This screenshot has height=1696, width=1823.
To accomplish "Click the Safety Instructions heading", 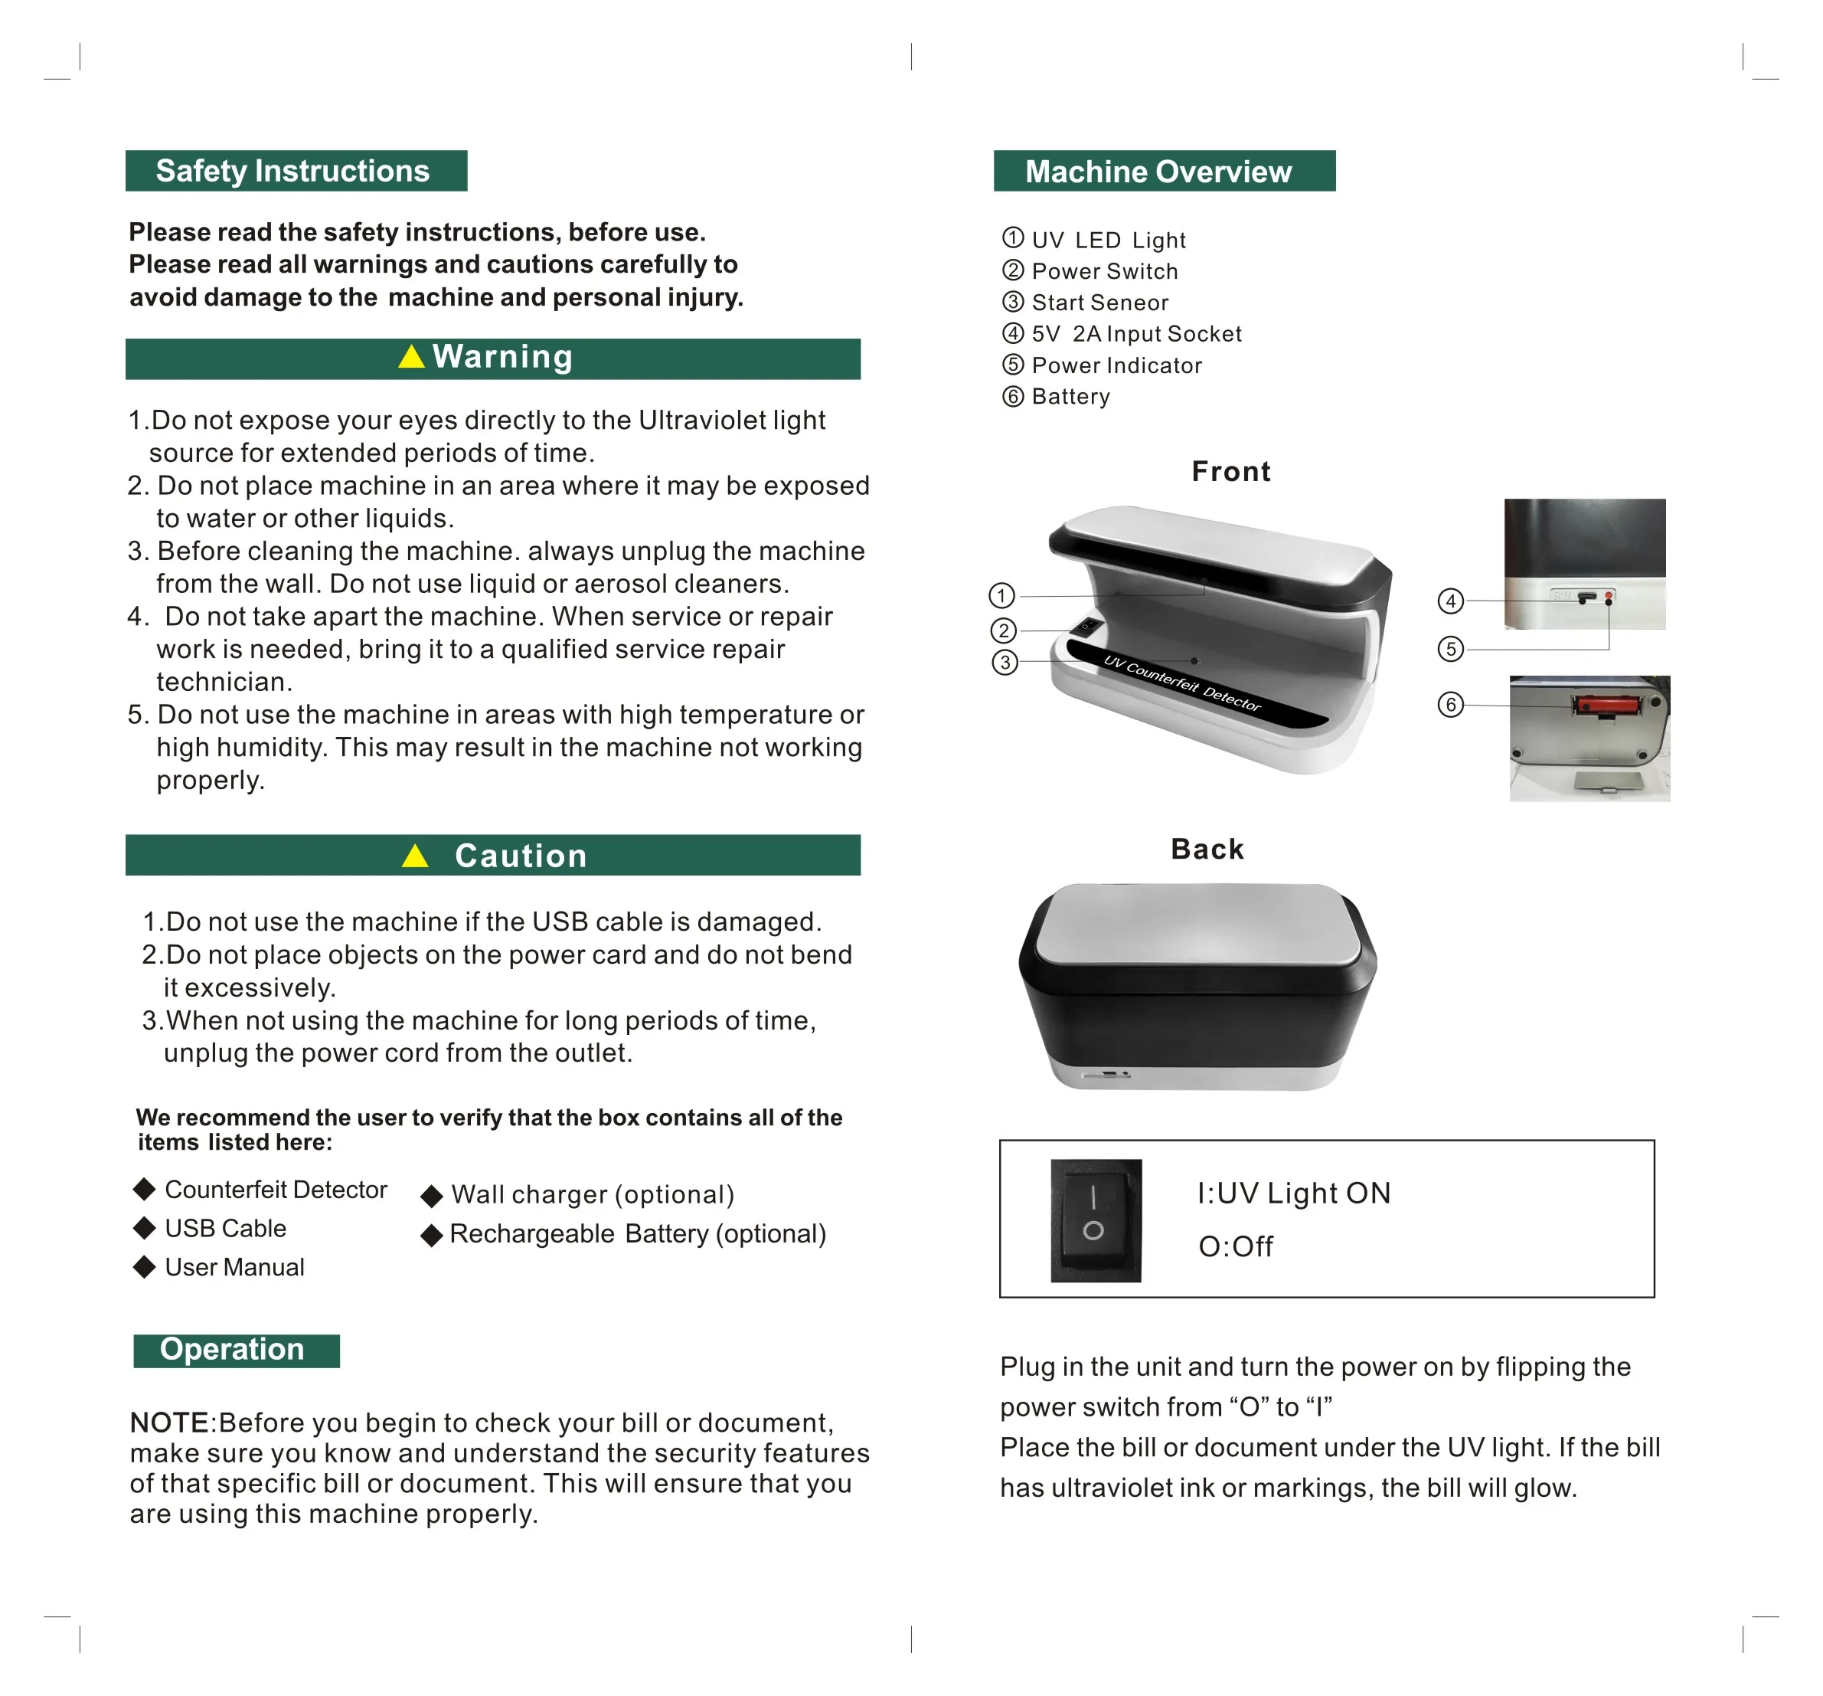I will [x=292, y=172].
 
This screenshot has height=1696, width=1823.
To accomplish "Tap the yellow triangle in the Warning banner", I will [x=412, y=357].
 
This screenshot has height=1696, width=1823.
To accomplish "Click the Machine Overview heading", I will [x=1158, y=172].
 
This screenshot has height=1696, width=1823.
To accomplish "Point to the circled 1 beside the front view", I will [x=1001, y=596].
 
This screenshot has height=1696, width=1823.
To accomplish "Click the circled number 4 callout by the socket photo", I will [x=1450, y=601].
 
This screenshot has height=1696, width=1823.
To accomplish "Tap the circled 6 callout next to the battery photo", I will [x=1450, y=706].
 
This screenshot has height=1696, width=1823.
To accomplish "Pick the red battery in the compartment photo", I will [x=1593, y=706].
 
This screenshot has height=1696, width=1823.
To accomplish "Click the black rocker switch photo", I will [x=1095, y=1220].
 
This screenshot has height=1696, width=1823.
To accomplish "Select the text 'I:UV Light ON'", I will [x=1294, y=1193].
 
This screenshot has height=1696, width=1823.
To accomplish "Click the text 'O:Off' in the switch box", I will [x=1235, y=1246].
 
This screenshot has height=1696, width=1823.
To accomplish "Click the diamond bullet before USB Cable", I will [x=144, y=1228].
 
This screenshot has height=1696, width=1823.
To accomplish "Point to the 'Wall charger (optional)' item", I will [x=593, y=1195].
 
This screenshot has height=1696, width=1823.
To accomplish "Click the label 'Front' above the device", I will [x=1230, y=471].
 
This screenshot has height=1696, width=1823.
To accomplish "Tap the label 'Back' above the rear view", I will [x=1207, y=850].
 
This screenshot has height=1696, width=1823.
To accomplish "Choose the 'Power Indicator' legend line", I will [x=1116, y=366].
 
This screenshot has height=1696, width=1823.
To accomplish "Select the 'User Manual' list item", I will [x=234, y=1268].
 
